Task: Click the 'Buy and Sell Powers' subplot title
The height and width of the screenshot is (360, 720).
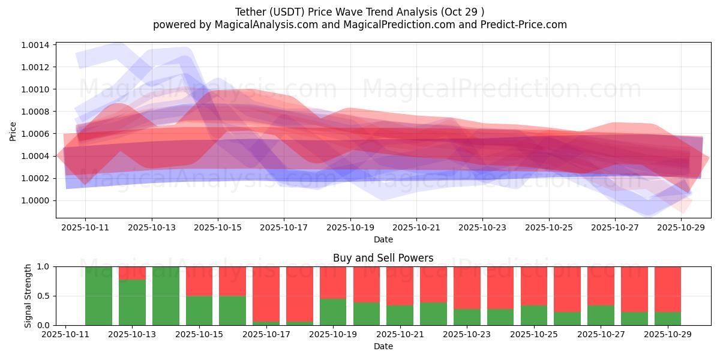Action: click(x=383, y=259)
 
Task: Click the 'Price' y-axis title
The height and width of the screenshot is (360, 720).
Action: click(x=13, y=130)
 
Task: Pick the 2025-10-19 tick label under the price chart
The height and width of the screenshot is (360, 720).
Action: click(x=350, y=228)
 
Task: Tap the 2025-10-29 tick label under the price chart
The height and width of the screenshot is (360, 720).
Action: click(x=681, y=228)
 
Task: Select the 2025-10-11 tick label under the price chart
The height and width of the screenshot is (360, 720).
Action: click(x=85, y=228)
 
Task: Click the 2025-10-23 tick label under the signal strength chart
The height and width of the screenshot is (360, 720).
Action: click(x=466, y=335)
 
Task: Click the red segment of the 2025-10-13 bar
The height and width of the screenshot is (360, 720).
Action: click(x=132, y=273)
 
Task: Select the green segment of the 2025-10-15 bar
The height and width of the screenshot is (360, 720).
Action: click(x=199, y=310)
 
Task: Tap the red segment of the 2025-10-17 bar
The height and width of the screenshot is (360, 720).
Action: click(x=266, y=294)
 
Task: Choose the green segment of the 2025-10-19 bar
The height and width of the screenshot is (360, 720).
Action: click(x=333, y=312)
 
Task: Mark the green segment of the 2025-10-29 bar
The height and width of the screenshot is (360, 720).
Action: click(x=668, y=319)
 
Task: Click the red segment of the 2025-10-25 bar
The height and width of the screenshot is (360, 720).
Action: click(x=534, y=286)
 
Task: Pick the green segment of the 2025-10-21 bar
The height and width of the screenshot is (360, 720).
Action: click(x=400, y=316)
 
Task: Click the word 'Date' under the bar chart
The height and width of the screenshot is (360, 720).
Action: click(x=383, y=346)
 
